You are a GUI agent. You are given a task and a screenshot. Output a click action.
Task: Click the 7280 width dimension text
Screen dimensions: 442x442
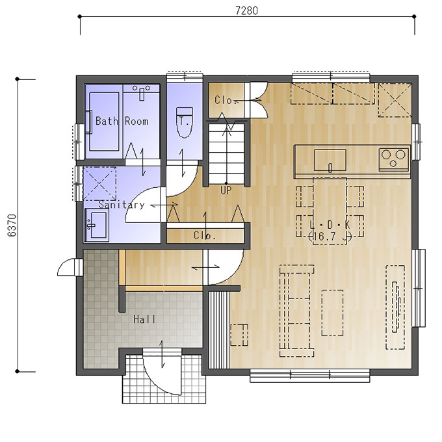(246, 10)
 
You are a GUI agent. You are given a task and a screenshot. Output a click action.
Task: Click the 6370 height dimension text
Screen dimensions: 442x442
(12, 226)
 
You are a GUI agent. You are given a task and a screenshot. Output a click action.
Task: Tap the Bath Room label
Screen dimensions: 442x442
(122, 121)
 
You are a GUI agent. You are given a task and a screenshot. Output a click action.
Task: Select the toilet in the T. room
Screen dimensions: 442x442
(185, 122)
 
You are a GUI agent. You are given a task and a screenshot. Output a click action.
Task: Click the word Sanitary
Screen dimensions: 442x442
(122, 205)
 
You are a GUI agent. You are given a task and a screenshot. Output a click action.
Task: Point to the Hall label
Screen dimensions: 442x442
(144, 319)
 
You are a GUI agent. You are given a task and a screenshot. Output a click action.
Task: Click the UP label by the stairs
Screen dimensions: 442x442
(226, 190)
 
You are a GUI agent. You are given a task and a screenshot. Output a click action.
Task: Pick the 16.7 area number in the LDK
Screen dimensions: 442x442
(324, 236)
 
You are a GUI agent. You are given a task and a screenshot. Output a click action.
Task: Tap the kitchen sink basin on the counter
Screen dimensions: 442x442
(330, 160)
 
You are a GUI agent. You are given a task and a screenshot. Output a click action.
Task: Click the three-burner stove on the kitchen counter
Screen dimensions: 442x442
(394, 159)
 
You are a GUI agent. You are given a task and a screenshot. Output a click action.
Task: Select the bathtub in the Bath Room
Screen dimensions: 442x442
(104, 122)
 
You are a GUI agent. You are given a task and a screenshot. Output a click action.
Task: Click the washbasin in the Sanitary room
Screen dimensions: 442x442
(97, 225)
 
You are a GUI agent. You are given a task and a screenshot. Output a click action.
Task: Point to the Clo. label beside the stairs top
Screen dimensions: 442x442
(224, 100)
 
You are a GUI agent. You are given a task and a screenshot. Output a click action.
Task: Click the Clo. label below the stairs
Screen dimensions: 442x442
(205, 235)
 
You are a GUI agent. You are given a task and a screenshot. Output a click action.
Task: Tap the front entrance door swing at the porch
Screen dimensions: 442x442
(162, 375)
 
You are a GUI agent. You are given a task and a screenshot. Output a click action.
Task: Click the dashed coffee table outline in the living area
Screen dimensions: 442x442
(332, 313)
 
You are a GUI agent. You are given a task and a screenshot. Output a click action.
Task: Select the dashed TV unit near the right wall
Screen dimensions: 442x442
(395, 307)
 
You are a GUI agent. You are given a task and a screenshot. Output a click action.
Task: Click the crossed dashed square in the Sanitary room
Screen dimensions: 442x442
(99, 184)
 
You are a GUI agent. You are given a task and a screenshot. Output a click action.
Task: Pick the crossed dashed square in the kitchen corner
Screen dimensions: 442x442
(395, 100)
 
